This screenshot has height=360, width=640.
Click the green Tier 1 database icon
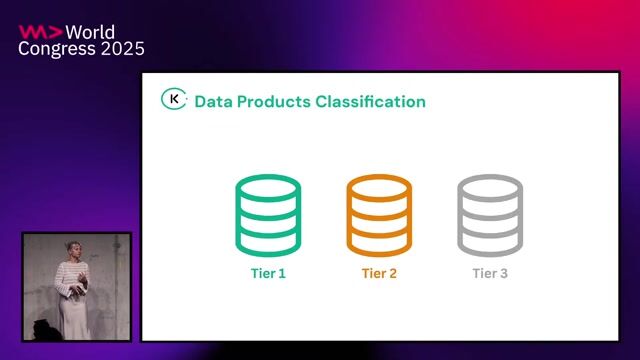tap(268, 214)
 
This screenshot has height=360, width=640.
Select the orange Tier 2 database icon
tap(379, 214)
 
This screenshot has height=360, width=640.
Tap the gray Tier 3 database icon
tap(490, 214)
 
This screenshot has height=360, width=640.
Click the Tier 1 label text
tap(268, 273)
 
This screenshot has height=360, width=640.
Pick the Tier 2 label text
tap(379, 273)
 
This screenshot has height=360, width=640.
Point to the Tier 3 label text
tap(490, 273)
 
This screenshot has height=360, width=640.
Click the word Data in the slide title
tap(212, 101)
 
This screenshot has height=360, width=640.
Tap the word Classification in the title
tap(371, 101)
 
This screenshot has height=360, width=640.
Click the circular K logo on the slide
tap(174, 100)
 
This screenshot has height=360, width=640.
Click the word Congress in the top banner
tap(57, 48)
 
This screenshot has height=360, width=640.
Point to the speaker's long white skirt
tap(74, 315)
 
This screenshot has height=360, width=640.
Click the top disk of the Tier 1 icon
tap(268, 188)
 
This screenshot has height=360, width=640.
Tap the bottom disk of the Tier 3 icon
tap(490, 243)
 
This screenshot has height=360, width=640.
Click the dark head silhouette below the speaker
tap(44, 328)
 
